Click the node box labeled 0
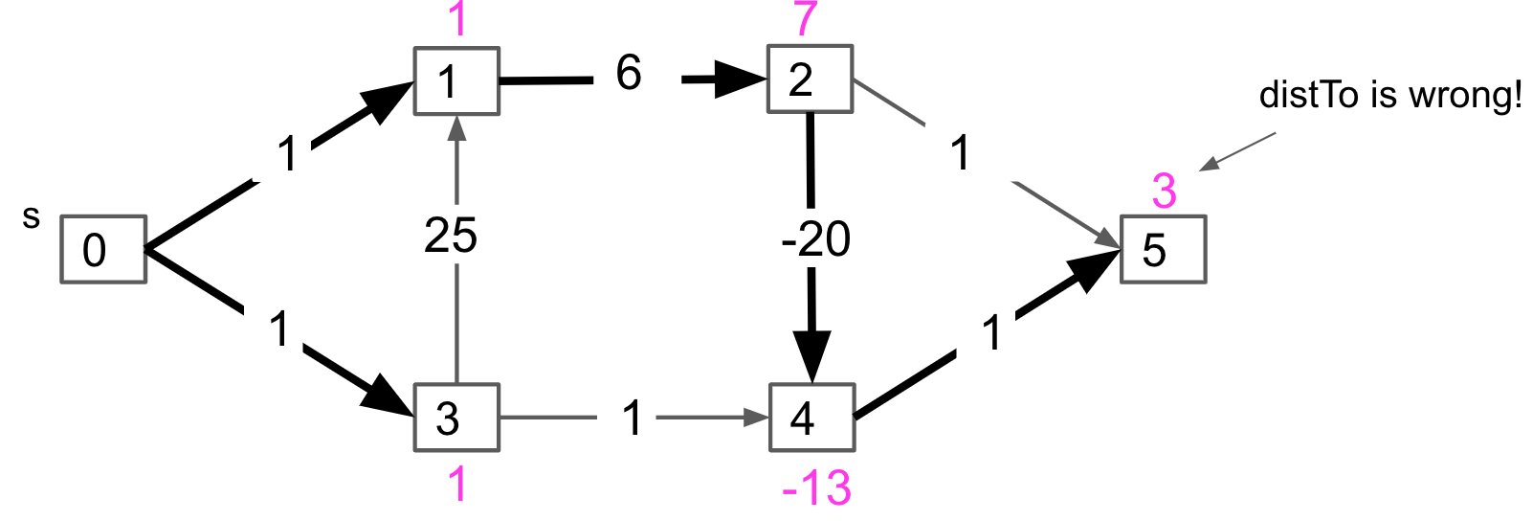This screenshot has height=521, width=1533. [x=103, y=249]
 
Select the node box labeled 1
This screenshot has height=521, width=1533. [x=456, y=81]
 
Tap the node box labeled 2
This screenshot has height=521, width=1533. [x=810, y=79]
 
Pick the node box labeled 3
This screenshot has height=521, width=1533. [x=456, y=418]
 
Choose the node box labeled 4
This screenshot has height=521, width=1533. [x=811, y=418]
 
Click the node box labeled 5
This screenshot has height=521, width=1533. [x=1163, y=249]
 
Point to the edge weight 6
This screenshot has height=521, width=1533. [x=629, y=73]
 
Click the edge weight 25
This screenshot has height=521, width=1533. [x=451, y=236]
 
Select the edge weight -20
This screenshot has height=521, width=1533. [x=815, y=238]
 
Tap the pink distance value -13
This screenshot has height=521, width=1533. [x=816, y=488]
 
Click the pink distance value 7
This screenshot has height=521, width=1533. [x=806, y=19]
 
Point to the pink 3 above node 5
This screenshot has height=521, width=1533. [x=1164, y=192]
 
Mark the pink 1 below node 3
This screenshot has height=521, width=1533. [x=457, y=485]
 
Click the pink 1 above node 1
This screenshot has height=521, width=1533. [x=457, y=19]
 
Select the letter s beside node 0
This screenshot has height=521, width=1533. [x=32, y=218]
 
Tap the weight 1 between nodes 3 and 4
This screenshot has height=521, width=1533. [x=632, y=418]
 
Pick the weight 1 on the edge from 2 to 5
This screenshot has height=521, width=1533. [x=960, y=153]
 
